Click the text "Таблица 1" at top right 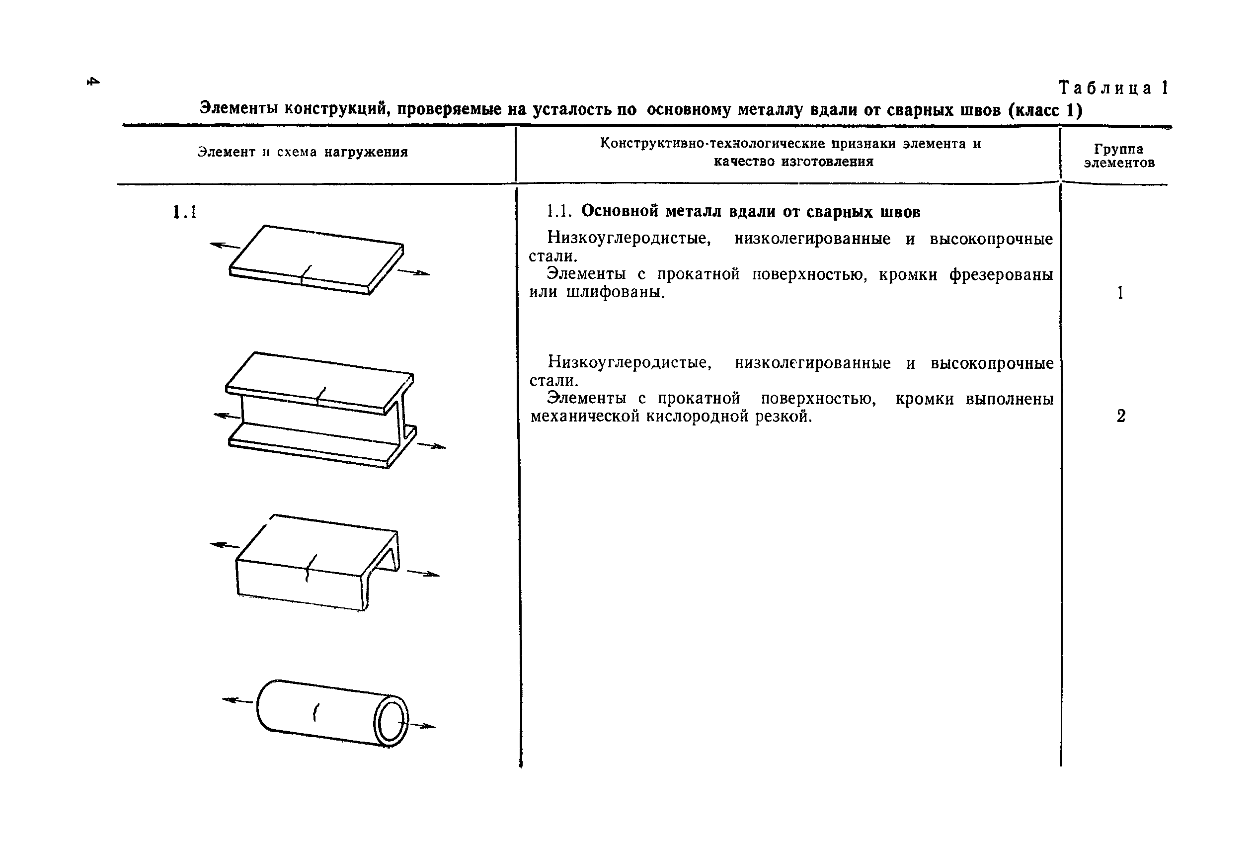1113,88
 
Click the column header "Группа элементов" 1119,156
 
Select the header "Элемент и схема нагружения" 302,152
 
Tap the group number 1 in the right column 1120,293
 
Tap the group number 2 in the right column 1121,416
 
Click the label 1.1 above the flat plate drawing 185,212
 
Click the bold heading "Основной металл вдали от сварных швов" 750,212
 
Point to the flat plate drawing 316,260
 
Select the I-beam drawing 321,410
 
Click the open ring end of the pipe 392,722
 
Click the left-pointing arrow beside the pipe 237,700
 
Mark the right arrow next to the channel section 423,574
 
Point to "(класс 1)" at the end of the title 1045,110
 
